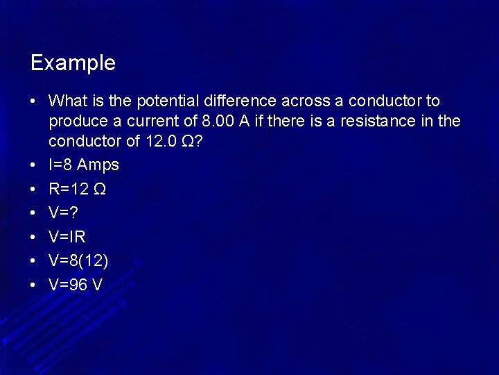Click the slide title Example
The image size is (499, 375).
coord(73,63)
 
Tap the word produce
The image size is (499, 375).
coord(77,122)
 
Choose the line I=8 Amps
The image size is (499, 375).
coord(84,165)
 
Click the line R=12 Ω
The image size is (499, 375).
coord(77,189)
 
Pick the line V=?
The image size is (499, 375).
coord(62,212)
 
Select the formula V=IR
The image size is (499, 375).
coord(67,237)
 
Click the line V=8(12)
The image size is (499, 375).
coord(78,260)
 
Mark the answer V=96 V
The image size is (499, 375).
coord(76,284)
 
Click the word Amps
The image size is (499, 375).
coord(98,165)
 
